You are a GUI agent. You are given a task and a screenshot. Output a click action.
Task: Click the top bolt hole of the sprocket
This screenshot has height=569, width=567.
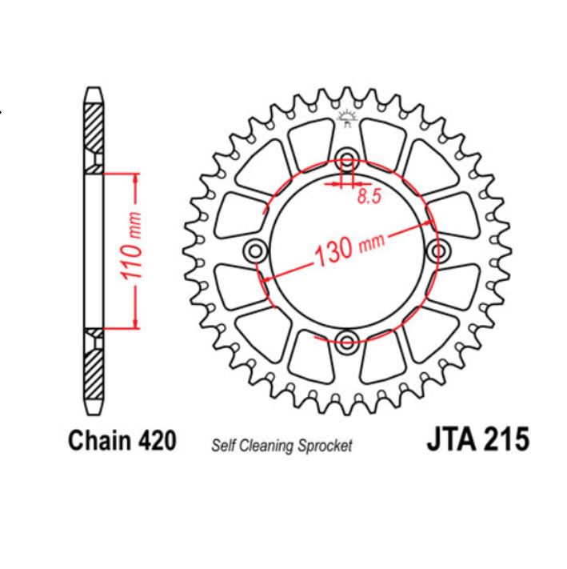347,158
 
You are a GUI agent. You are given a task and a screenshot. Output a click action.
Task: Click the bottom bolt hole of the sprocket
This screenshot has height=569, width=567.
347,343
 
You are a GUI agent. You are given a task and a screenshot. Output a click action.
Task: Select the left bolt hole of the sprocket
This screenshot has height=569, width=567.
255,251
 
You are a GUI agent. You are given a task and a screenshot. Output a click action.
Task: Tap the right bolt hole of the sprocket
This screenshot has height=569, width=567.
439,251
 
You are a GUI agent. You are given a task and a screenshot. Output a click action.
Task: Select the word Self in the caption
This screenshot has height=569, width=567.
224,445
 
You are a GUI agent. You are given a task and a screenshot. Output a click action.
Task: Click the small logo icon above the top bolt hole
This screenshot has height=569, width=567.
346,120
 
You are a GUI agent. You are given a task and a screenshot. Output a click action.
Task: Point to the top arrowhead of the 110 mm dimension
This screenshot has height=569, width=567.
135,178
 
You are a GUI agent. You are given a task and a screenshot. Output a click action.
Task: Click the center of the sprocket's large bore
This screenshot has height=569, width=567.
347,251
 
